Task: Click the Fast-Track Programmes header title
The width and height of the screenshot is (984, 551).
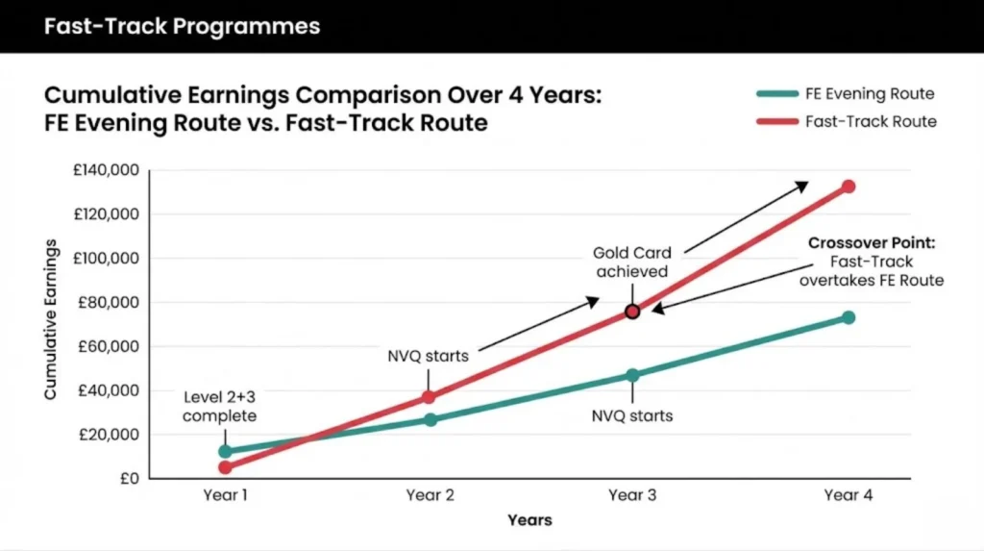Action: [182, 25]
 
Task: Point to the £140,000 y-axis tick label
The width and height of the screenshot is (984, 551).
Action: [107, 171]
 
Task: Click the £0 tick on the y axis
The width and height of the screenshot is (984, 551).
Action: [127, 479]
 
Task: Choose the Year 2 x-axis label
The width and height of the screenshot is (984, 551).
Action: [430, 495]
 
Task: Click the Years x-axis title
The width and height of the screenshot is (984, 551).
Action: [529, 520]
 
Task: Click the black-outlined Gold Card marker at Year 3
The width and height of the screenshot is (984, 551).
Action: [632, 312]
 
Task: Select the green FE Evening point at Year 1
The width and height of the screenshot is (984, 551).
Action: [225, 451]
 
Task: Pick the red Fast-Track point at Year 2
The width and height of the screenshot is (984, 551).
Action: [430, 397]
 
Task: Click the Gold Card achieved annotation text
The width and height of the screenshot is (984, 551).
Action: [631, 263]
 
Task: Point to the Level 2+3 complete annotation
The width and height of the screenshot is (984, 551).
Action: [219, 407]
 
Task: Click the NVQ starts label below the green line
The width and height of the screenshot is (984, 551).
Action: [631, 416]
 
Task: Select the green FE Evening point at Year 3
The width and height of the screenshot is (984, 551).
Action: [632, 375]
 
